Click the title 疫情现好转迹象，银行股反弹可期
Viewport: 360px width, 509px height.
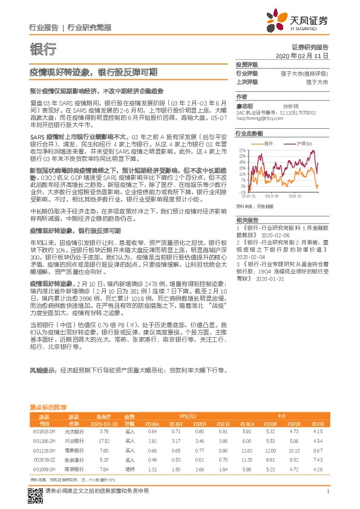(94, 72)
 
